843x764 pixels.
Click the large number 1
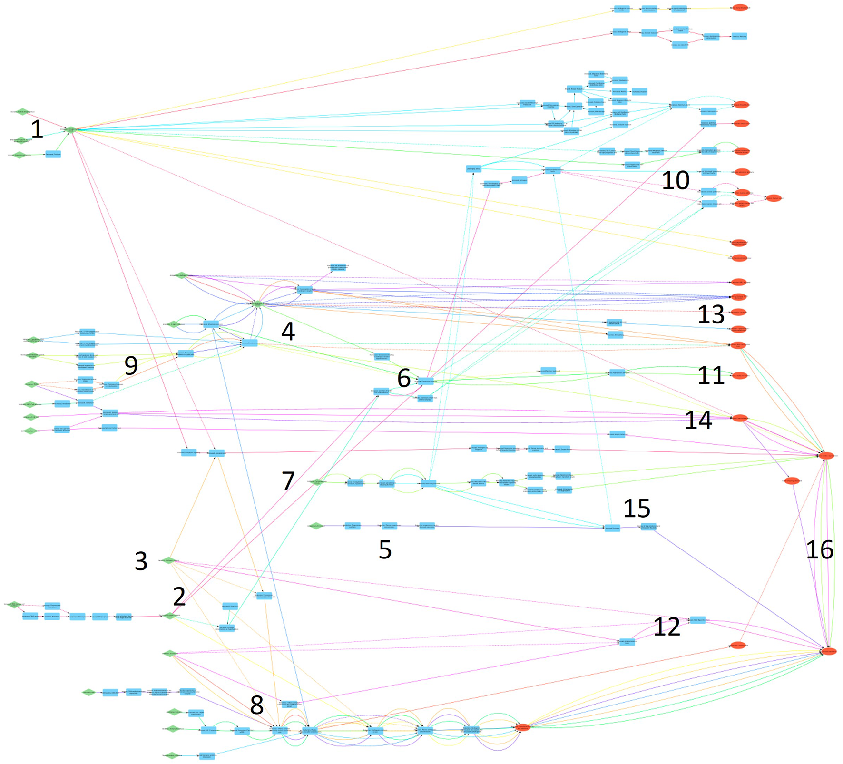click(37, 129)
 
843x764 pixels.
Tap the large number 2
click(179, 597)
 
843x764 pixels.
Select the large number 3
click(141, 561)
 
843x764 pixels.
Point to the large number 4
click(288, 331)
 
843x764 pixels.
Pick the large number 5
click(385, 550)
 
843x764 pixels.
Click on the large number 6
click(403, 379)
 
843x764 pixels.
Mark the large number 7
click(288, 481)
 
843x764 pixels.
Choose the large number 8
click(256, 705)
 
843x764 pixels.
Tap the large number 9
click(131, 365)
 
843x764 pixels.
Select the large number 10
click(676, 180)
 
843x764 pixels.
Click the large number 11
click(711, 375)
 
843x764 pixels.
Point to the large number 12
click(667, 627)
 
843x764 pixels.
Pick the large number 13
click(711, 314)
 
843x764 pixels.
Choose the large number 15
click(637, 509)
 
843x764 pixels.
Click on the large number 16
click(819, 550)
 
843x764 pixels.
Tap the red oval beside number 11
click(739, 375)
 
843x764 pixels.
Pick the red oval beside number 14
click(739, 419)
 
